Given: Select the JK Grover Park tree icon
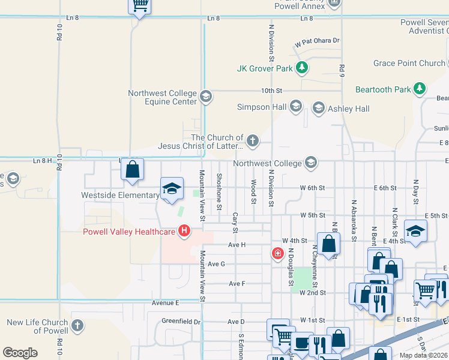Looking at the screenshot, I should tap(303, 68).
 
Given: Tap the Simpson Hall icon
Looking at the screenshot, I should tap(295, 107).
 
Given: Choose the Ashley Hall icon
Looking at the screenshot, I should tap(318, 108).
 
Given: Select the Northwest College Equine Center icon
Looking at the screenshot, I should tap(205, 96).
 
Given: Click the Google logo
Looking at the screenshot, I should tap(20, 353).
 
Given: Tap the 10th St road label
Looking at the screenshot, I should tap(271, 91).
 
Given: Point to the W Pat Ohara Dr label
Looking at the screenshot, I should tap(317, 41).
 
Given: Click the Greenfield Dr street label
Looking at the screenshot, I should tap(181, 322).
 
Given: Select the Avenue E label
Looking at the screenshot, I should tap(165, 303).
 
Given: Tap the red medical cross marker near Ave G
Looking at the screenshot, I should tap(277, 254).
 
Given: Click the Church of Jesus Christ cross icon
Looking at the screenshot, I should tap(253, 141).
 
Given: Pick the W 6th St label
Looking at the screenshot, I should tap(312, 188).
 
